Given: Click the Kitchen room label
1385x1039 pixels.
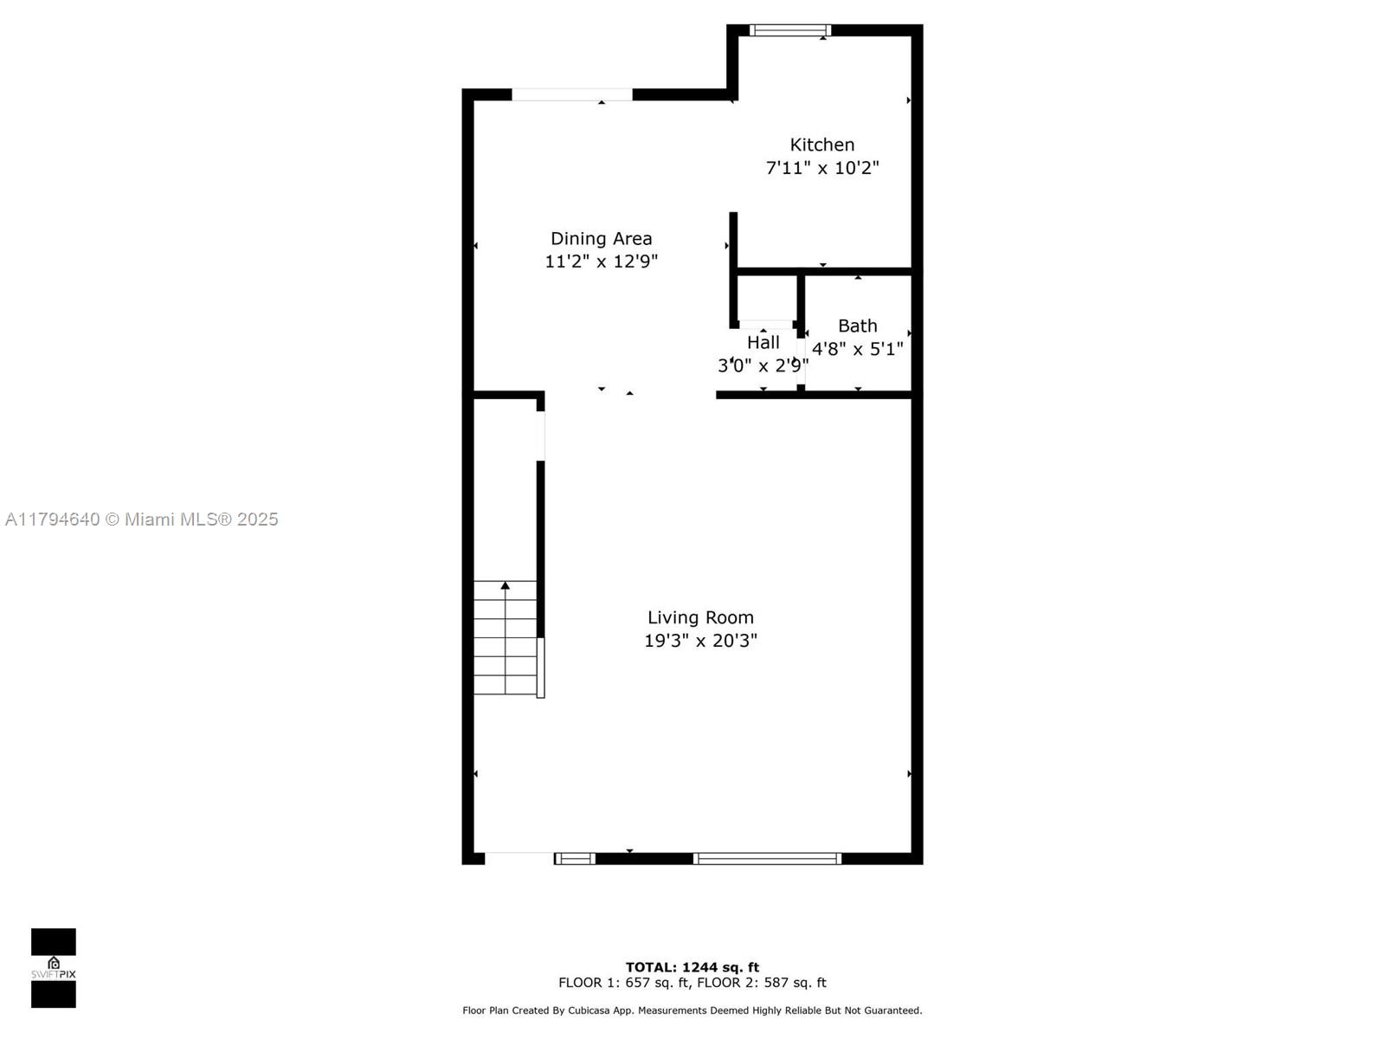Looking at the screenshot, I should click(x=821, y=145).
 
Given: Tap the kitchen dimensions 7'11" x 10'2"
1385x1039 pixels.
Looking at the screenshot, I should click(x=821, y=168).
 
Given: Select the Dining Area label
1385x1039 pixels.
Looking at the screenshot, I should click(x=601, y=238).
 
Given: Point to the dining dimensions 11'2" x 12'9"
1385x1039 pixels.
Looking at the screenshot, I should click(x=601, y=261).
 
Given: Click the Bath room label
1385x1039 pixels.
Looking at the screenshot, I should click(x=857, y=326).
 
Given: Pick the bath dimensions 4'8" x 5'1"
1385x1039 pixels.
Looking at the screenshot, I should click(x=857, y=349).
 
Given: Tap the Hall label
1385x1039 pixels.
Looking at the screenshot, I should click(x=763, y=342).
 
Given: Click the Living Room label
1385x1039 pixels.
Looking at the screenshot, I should click(x=700, y=617).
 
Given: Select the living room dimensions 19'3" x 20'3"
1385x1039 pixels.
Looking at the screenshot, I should click(x=700, y=641).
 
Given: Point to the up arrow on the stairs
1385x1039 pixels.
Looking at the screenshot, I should click(x=505, y=586).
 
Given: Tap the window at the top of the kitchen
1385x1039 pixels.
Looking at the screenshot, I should click(x=789, y=30).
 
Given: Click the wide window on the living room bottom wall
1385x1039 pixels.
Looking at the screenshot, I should click(x=767, y=859).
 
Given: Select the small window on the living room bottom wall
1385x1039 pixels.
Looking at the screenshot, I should click(x=575, y=859).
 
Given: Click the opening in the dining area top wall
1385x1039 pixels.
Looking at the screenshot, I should click(x=571, y=94).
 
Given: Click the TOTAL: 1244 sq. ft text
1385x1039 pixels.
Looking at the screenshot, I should click(x=692, y=967).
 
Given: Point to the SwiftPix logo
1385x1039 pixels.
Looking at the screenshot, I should click(x=54, y=968).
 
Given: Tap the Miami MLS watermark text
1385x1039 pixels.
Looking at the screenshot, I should click(x=142, y=519).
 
